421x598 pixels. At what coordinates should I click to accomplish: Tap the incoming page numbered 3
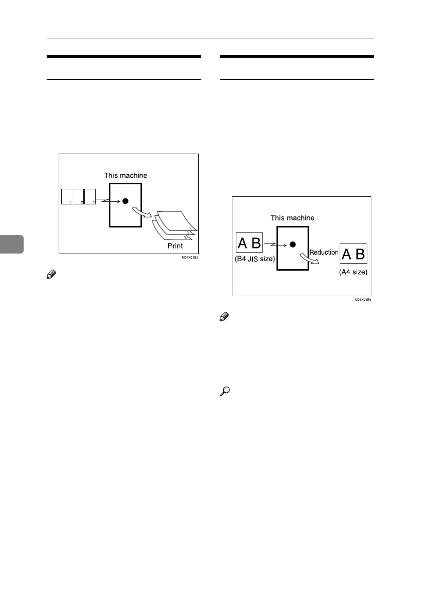(x=66, y=196)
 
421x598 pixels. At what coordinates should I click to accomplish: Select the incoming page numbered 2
(x=78, y=196)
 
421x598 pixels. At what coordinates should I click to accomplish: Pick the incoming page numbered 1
(x=90, y=196)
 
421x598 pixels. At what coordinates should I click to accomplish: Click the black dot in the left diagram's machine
(x=125, y=201)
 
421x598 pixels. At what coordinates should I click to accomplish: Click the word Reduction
(x=324, y=252)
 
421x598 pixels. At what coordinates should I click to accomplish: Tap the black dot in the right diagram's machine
(x=293, y=244)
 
